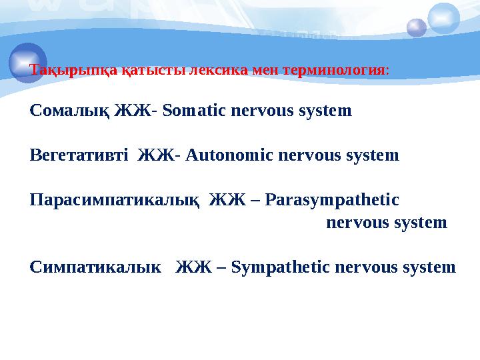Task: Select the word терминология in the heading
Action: coord(334,69)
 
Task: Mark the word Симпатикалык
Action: coord(96,267)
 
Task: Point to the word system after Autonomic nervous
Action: coord(374,156)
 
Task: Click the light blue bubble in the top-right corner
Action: coord(444,18)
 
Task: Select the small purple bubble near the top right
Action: coord(417,27)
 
